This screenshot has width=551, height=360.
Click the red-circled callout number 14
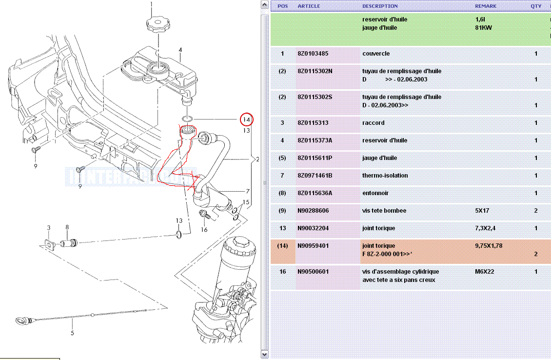pos(246,119)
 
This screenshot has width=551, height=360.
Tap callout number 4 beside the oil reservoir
pos(180,50)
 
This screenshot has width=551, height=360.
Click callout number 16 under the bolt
pos(204,230)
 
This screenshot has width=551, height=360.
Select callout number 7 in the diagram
pos(247,192)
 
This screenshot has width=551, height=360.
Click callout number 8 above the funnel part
pos(67,227)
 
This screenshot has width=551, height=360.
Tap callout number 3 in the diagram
pos(49,228)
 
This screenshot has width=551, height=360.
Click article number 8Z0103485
pos(313,54)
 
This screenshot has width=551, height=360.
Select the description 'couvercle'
pos(376,54)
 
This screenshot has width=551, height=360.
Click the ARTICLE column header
pos(309,6)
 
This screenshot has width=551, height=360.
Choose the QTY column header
pos(536,6)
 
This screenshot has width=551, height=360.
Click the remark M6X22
pos(485,271)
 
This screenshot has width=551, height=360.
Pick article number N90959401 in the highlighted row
pos(313,246)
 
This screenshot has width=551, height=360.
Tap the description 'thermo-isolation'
pos(385,176)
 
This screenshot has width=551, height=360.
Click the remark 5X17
pos(482,211)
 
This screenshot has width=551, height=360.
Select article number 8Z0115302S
pos(315,97)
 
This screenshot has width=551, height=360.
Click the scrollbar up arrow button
pos(265,5)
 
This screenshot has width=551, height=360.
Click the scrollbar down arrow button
pos(265,355)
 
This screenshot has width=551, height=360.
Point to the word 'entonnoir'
pos(375,193)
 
